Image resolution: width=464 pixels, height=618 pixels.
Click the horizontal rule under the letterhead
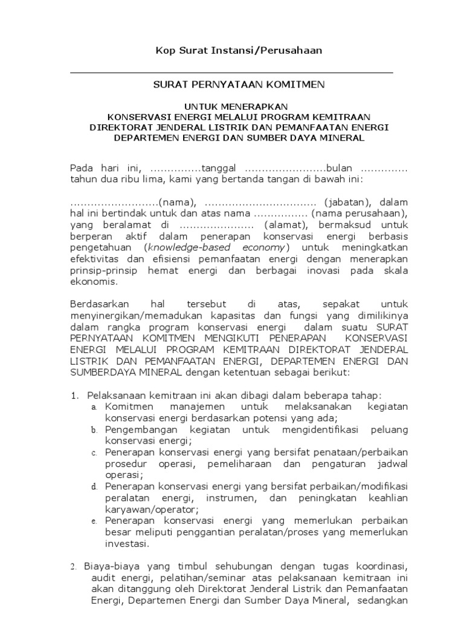tap(231, 73)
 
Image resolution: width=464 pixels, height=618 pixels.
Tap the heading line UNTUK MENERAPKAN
tap(231, 105)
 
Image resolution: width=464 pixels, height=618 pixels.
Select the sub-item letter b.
tap(94, 430)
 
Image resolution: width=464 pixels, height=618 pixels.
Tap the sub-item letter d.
tap(94, 486)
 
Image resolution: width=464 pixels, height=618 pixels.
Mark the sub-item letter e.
tap(94, 521)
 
